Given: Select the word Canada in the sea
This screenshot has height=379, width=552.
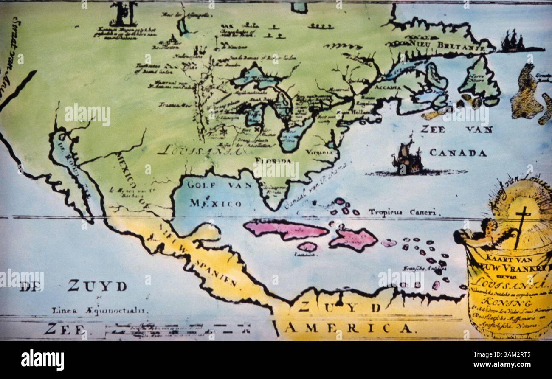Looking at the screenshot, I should click(458, 153).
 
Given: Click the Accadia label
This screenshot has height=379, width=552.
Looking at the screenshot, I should click(388, 87).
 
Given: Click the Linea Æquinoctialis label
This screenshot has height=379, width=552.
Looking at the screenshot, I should click(100, 310).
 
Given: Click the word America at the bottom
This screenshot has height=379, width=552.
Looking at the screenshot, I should click(348, 328).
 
